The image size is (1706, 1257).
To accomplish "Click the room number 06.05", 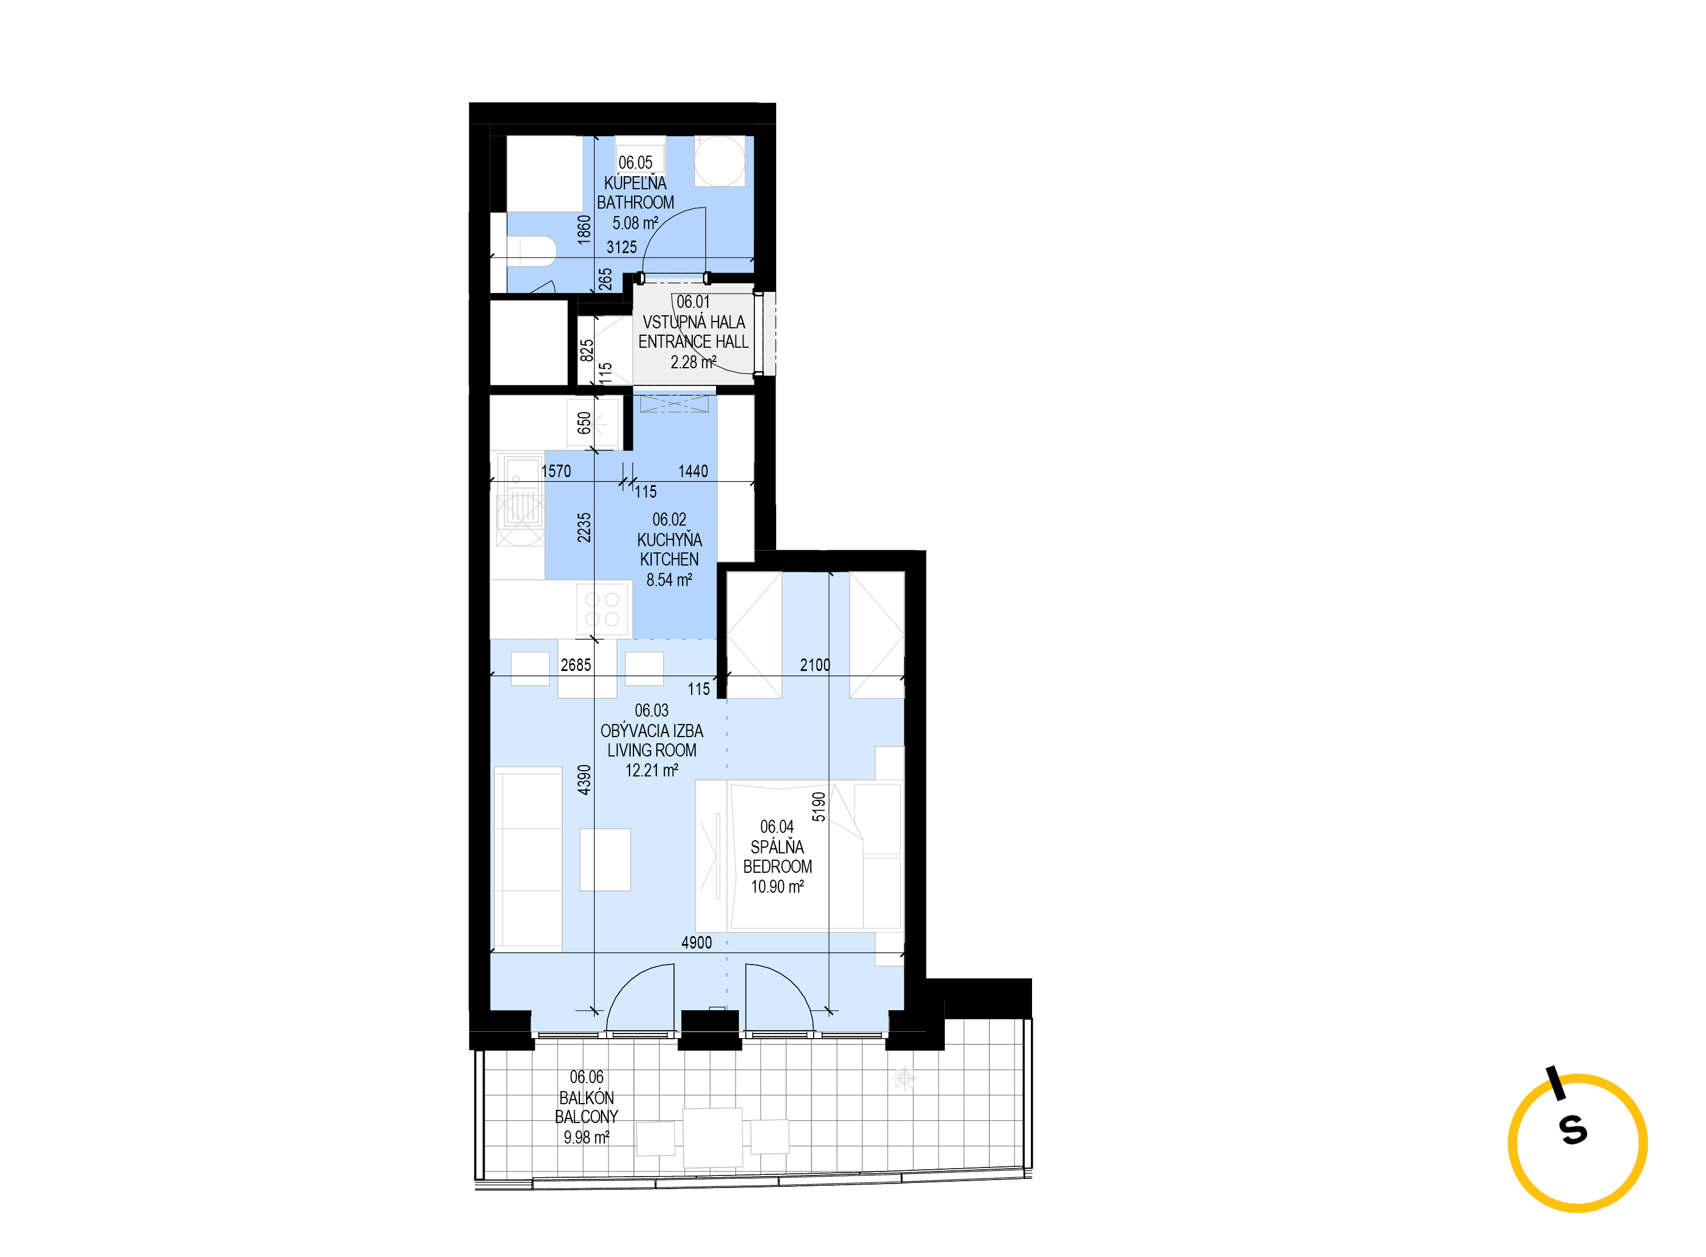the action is pos(635,162).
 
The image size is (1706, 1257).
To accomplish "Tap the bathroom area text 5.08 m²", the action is pos(635,223).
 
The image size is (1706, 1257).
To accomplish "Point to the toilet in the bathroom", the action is pos(531,251).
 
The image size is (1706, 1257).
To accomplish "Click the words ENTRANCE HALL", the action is pos(693,341).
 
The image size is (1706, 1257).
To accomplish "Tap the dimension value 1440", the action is pos(693,471).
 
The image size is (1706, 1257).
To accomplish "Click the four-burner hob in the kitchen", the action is pos(603,609).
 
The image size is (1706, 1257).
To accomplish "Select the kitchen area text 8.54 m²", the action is pos(669,580).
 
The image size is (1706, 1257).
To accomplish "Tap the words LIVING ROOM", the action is pos(651,750).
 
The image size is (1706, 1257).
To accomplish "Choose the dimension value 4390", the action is pos(584,780).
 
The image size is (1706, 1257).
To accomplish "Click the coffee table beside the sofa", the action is pos(605,860).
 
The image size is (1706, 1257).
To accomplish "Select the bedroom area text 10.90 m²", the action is pos(778,886).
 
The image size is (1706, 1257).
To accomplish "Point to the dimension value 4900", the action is pos(696,943).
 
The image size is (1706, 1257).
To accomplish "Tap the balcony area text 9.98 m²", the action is pos(587,1137).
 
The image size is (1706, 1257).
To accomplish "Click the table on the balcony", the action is pos(713,1137).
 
